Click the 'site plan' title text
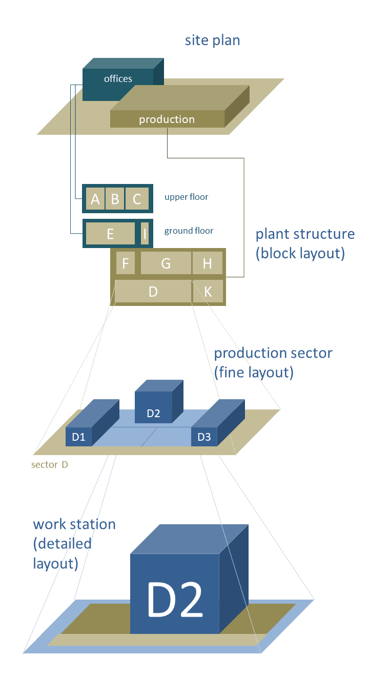[212, 40]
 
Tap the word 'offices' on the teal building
[118, 79]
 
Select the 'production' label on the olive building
[167, 119]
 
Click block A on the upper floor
[95, 199]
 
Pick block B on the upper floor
[115, 199]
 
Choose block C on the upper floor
[137, 199]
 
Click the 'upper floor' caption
[187, 197]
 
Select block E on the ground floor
[110, 234]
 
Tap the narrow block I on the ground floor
[145, 234]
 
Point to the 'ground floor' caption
[189, 231]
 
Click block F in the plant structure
[125, 263]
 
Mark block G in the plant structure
[166, 263]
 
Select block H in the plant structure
[207, 263]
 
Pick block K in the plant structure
[208, 292]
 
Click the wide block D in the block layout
[153, 292]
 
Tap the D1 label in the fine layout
[78, 437]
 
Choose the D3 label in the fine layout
[204, 437]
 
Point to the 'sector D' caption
[49, 465]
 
